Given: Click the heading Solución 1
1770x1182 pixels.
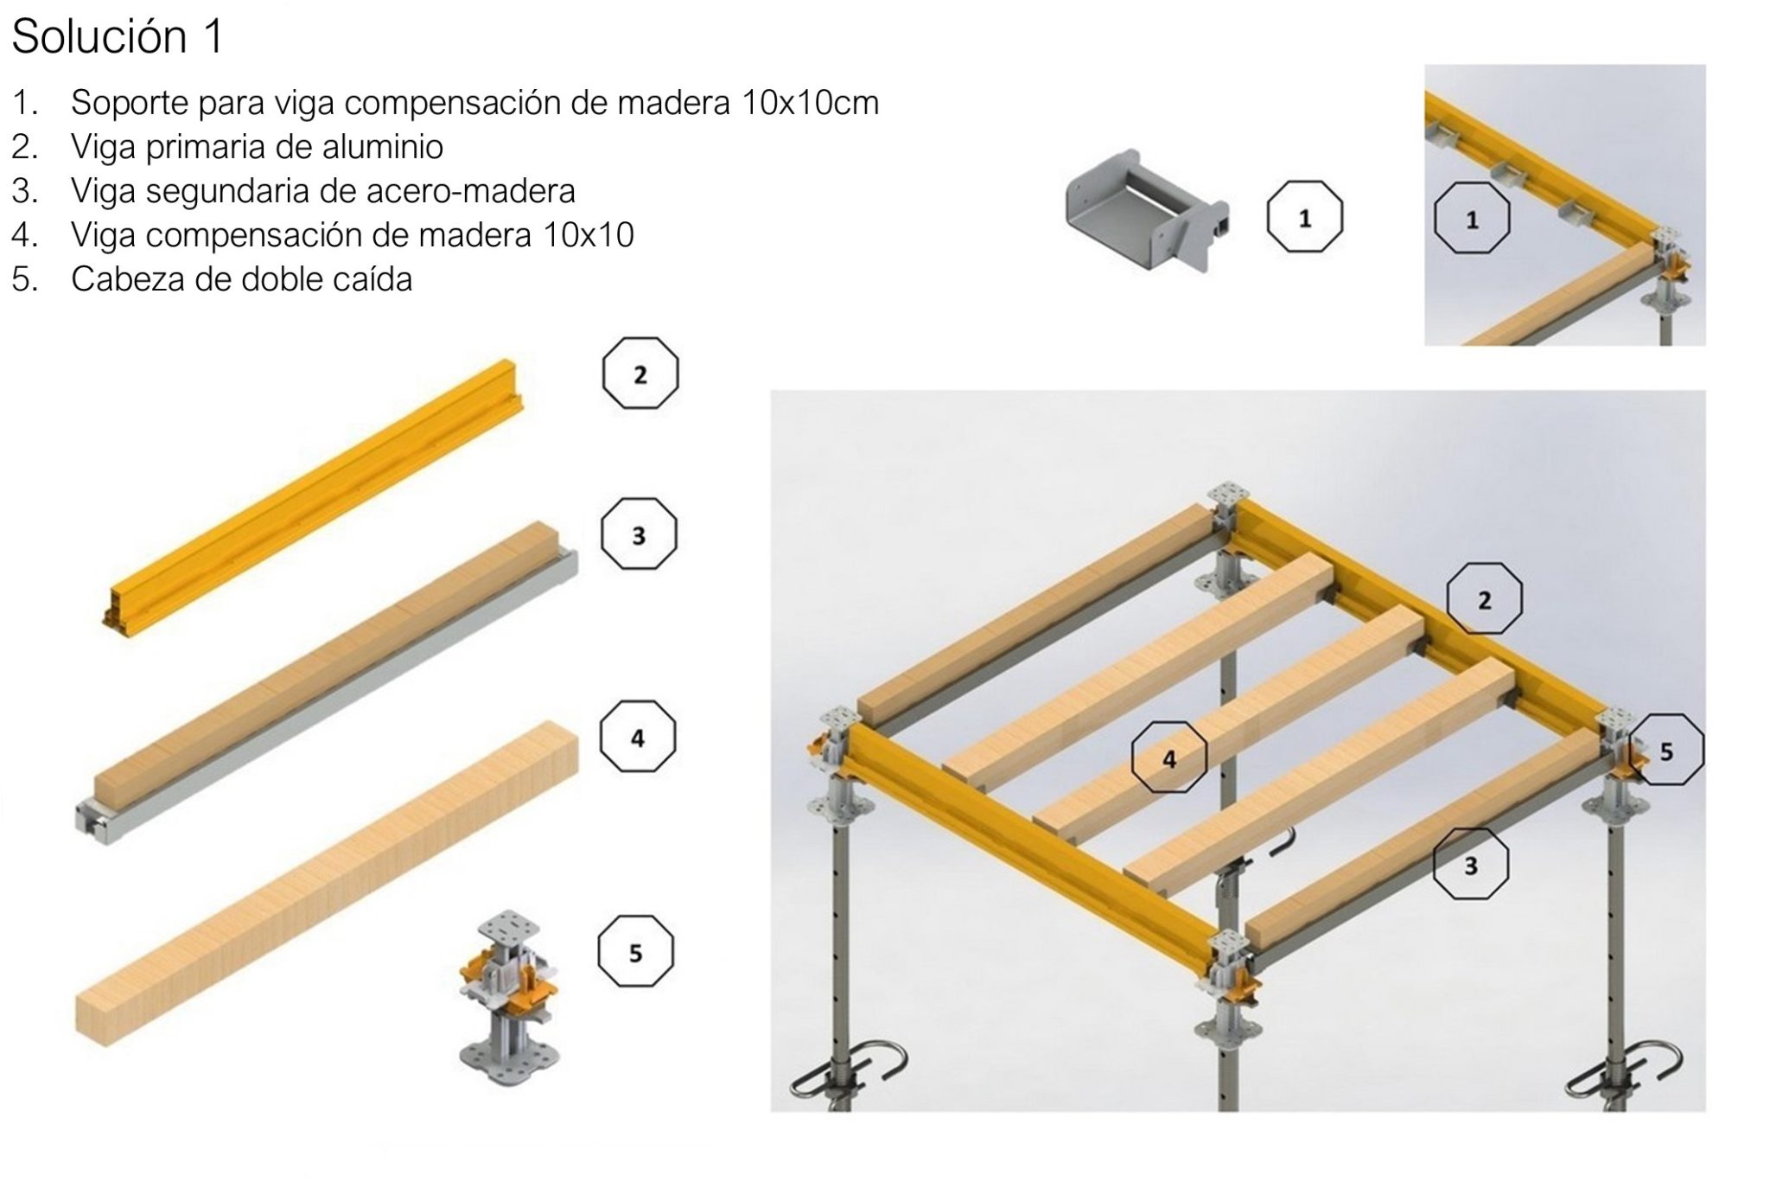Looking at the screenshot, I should (x=118, y=38).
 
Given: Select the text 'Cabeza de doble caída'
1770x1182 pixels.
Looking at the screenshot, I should (x=241, y=279).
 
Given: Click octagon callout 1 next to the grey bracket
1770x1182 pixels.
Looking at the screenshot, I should (x=1304, y=217).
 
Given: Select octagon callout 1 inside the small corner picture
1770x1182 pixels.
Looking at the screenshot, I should (x=1472, y=220).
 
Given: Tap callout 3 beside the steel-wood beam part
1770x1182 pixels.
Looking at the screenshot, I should (x=639, y=534).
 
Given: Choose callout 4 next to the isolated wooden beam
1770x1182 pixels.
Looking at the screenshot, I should (x=638, y=738).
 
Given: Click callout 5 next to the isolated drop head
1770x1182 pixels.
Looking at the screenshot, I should (x=635, y=952).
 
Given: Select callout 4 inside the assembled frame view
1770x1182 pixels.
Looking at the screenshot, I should (x=1168, y=757).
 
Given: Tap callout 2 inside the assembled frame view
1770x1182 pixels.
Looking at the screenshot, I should (x=1484, y=599).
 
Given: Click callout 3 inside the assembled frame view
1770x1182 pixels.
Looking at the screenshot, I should (x=1470, y=864).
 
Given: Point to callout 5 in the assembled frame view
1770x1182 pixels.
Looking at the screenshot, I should (x=1666, y=750).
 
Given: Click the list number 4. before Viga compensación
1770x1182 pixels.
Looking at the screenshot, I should (x=24, y=235).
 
